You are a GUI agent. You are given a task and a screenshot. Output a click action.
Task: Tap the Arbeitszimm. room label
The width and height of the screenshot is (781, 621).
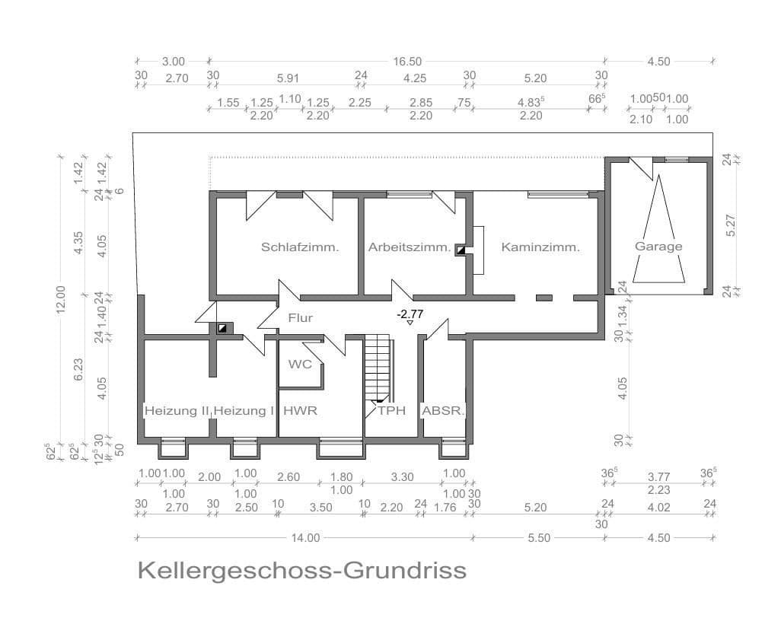[x=410, y=247]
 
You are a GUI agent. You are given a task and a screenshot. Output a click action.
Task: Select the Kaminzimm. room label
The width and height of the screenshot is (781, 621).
[x=540, y=247]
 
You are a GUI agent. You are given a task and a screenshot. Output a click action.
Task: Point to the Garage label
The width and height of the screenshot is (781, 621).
[x=658, y=246]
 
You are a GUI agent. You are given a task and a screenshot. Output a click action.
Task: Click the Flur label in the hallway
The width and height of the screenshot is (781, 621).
[x=300, y=318]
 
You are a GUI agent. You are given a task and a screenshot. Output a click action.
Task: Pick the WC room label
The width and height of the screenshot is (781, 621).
[x=300, y=364]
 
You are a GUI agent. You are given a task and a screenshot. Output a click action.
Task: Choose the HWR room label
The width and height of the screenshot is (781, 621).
[x=300, y=410]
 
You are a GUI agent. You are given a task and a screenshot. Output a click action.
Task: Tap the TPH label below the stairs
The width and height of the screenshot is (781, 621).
[x=392, y=410]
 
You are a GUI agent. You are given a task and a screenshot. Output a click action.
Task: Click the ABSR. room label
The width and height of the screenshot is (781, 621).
[x=443, y=410]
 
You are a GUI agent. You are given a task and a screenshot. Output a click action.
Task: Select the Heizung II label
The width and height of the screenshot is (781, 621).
[x=177, y=410]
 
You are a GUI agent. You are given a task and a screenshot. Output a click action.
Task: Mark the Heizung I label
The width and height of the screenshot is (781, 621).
[x=244, y=410]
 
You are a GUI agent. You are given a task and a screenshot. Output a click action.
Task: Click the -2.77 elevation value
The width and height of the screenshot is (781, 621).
[x=410, y=314]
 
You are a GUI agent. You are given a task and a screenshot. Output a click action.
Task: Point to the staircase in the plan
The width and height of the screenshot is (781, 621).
[x=378, y=368]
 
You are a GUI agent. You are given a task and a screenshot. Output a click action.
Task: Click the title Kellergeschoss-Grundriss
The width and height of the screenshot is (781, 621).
[x=301, y=570]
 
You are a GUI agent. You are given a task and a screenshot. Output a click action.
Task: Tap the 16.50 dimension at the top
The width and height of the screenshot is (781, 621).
[x=406, y=62]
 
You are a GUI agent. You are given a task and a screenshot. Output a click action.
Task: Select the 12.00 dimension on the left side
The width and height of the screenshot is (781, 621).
[x=61, y=298]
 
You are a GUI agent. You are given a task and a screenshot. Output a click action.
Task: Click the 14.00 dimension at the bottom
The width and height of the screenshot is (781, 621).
[x=304, y=537]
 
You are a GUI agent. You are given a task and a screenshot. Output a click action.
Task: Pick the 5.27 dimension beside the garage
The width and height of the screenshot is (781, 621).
[x=731, y=225]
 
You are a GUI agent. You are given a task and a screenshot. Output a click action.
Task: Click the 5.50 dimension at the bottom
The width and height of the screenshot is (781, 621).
[x=538, y=537]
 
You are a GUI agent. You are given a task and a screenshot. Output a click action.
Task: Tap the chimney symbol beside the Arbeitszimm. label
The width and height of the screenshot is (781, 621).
[x=461, y=249]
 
